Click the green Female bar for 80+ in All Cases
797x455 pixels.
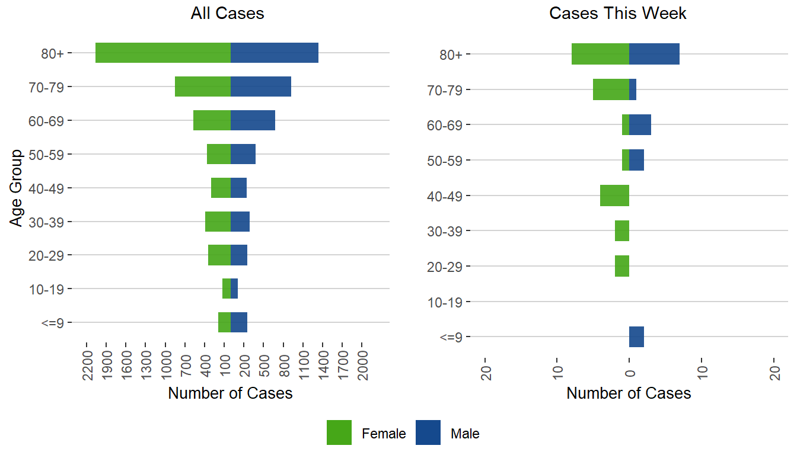163,53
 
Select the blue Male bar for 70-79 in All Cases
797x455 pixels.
261,86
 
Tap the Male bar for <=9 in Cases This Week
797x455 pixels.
636,337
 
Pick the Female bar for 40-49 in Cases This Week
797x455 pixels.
614,196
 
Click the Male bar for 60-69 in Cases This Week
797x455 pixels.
640,124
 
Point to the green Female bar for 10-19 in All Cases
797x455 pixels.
227,289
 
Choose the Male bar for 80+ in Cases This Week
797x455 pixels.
654,54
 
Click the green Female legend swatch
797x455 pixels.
339,432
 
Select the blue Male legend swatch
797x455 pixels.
428,432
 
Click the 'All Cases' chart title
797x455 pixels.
227,14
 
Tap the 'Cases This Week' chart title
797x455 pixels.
618,14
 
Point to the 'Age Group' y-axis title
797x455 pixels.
17,188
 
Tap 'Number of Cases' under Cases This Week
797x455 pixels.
629,393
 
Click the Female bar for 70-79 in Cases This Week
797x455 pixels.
611,89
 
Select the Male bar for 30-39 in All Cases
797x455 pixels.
240,222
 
